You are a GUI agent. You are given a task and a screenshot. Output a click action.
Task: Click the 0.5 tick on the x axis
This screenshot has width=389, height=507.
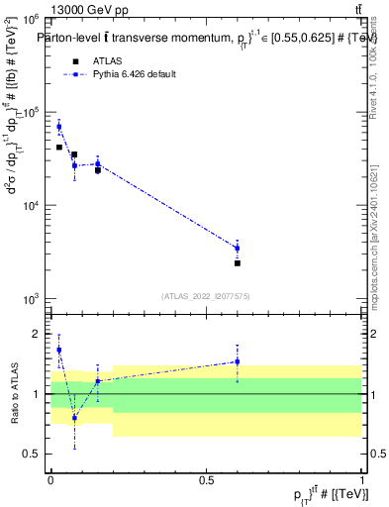pos(206,478)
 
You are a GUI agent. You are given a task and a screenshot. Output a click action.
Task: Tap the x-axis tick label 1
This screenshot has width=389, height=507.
pos(361,478)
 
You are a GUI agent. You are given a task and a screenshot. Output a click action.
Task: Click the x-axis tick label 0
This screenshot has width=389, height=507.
pos(50,478)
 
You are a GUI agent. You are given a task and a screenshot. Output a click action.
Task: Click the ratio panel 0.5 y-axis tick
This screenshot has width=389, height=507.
pos(36,455)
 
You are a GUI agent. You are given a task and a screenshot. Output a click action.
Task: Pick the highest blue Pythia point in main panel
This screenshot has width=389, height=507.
pos(59,127)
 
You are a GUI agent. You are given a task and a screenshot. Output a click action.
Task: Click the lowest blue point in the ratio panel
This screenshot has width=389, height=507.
pos(74,418)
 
